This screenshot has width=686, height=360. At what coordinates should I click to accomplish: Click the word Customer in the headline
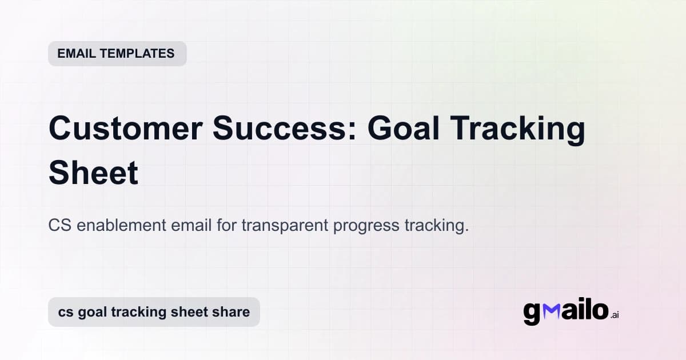[125, 129]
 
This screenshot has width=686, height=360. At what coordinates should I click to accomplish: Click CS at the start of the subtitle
[60, 225]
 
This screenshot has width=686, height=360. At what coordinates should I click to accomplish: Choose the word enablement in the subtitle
[121, 225]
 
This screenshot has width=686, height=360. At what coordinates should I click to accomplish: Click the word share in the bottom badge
[232, 312]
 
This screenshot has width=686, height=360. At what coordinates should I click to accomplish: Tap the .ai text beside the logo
[615, 315]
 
